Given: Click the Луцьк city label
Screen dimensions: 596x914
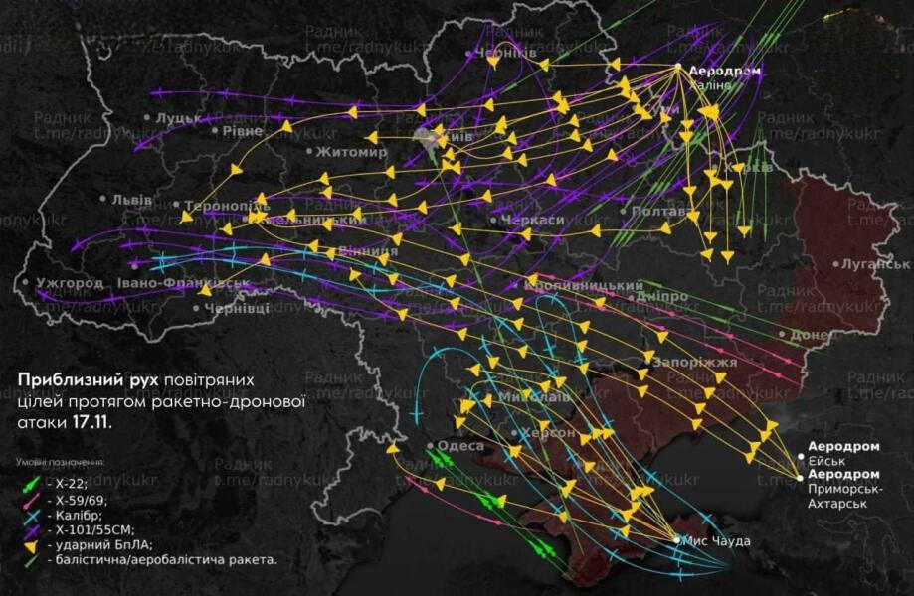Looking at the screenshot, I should click(179, 118).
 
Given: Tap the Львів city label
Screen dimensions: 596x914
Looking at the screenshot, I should click(131, 199).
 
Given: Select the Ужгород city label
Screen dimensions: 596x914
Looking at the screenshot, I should click(69, 283).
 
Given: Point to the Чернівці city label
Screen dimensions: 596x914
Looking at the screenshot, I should click(237, 309).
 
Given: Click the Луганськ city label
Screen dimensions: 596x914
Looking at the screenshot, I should click(875, 264).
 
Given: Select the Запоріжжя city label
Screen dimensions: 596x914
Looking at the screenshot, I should click(694, 363).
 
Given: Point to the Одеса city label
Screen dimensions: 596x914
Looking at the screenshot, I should click(460, 446).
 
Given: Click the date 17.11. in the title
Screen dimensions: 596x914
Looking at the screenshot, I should click(91, 421).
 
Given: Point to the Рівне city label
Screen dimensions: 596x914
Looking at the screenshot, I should click(243, 131).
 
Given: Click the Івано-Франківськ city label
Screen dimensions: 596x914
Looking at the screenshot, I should click(183, 283).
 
